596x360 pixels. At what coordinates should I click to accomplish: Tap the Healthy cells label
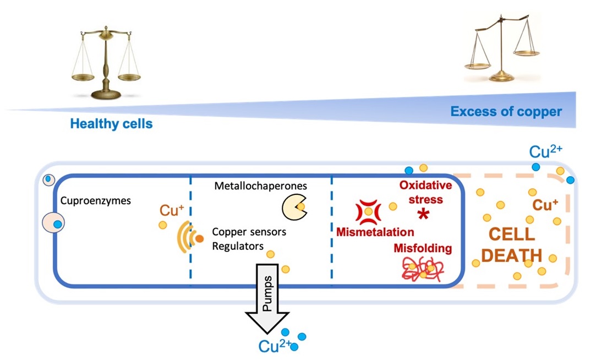111,123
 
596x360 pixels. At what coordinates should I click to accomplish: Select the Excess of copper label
506,112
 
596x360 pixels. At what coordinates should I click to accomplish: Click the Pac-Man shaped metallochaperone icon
294,207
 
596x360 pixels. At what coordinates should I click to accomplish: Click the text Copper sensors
249,232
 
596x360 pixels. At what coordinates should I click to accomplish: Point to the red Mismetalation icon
368,212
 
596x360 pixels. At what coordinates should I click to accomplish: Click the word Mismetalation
375,232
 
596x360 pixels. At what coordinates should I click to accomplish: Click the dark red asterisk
423,215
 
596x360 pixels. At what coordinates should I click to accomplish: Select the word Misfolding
422,248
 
